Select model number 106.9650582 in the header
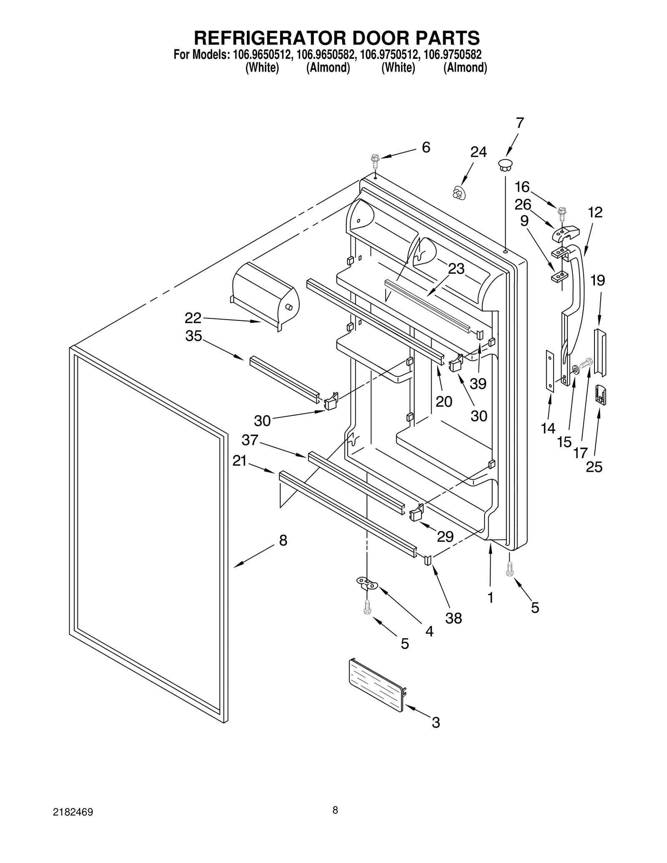326,55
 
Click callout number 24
478,153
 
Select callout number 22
193,318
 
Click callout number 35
193,336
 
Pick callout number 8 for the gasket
283,541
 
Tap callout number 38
454,618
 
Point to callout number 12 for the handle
595,213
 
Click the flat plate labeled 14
550,371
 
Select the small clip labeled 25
600,395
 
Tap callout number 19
597,280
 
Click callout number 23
456,269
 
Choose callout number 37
250,440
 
